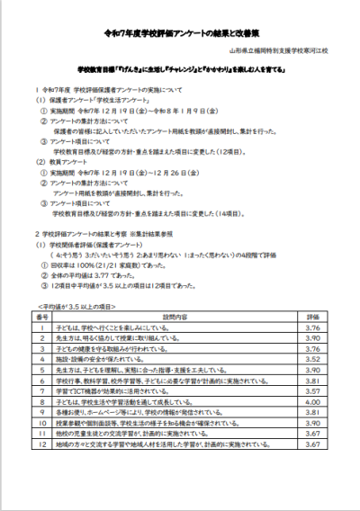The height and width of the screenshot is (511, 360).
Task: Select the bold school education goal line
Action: click(179, 68)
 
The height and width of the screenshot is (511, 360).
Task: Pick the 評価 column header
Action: click(313, 318)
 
